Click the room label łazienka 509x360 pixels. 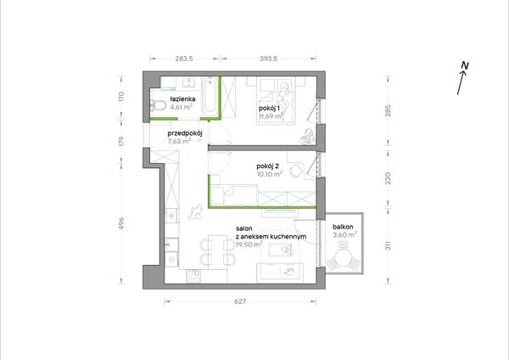(x=182, y=99)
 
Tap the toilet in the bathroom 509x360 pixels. (x=158, y=105)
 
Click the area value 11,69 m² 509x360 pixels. (x=270, y=116)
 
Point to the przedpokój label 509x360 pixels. (x=185, y=133)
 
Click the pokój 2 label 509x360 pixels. (x=267, y=166)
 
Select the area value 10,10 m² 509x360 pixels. (x=269, y=174)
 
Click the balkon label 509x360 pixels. (x=343, y=227)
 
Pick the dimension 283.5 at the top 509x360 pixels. (x=184, y=59)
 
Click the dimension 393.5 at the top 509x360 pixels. (x=268, y=59)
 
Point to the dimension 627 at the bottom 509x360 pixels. (x=240, y=301)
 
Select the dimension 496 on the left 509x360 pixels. (x=121, y=223)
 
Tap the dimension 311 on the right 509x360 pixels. (x=388, y=245)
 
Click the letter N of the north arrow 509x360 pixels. (x=465, y=65)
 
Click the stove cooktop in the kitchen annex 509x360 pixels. (x=193, y=277)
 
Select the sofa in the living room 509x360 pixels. (x=280, y=273)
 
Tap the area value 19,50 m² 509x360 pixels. (x=249, y=245)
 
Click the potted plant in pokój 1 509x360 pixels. (x=307, y=136)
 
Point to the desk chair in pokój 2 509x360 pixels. (x=296, y=170)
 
